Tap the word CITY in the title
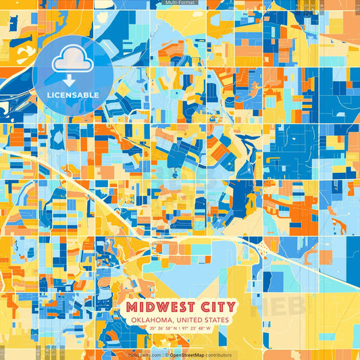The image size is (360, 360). [214, 308]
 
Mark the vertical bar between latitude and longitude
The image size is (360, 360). [180, 329]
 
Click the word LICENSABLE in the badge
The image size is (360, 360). [72, 95]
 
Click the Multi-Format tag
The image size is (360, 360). [180, 3]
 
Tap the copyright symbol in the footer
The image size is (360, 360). [166, 355]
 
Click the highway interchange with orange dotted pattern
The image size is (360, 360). [264, 251]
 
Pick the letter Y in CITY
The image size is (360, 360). [229, 308]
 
